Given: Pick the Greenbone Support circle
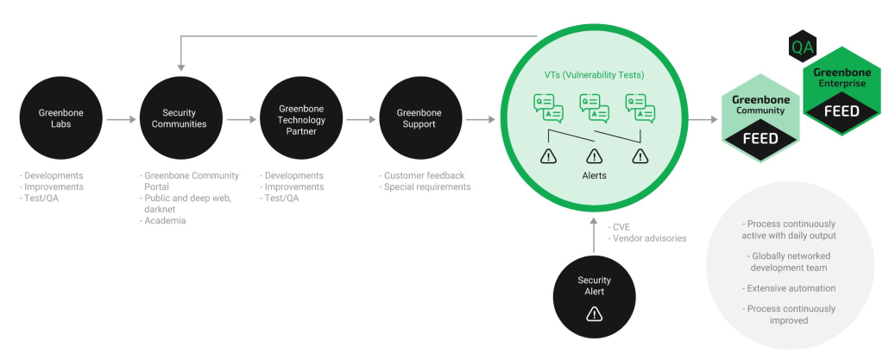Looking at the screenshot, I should pos(419,118).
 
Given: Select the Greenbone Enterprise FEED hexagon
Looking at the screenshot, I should pos(842,92).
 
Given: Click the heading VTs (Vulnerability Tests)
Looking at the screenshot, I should pos(594,75).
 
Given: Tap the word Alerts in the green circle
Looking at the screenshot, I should pos(594,175).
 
